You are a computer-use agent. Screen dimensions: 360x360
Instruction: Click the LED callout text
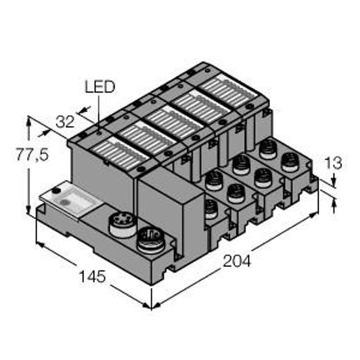[99, 88]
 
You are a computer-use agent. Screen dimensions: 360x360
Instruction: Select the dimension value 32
[65, 122]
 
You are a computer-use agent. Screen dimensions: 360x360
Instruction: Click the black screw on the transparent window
[55, 190]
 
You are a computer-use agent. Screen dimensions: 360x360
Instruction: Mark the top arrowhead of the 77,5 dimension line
[29, 120]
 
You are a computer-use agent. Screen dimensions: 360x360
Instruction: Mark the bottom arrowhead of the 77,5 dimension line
[29, 211]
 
